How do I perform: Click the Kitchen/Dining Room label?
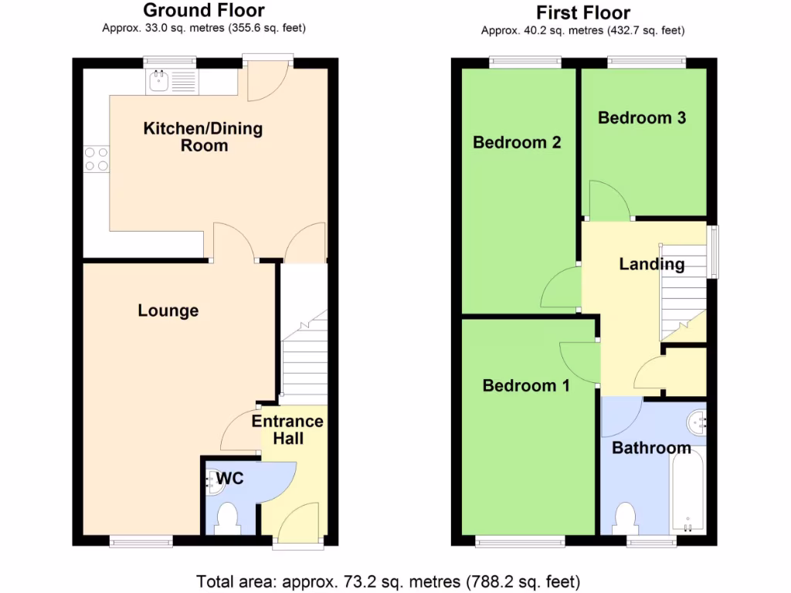(x=203, y=137)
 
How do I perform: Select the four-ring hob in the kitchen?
(x=97, y=159)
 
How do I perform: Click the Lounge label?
(x=168, y=310)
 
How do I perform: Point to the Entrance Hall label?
(x=287, y=430)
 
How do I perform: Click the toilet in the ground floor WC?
(x=228, y=518)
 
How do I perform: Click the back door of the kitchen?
(x=267, y=82)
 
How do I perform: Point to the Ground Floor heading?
(x=204, y=11)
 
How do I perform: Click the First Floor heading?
(x=583, y=12)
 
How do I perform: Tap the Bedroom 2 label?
(x=516, y=142)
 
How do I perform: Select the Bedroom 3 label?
(x=641, y=117)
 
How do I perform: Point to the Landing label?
(x=651, y=264)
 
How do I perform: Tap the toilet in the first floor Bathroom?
(x=624, y=518)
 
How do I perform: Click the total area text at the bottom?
(x=388, y=581)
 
